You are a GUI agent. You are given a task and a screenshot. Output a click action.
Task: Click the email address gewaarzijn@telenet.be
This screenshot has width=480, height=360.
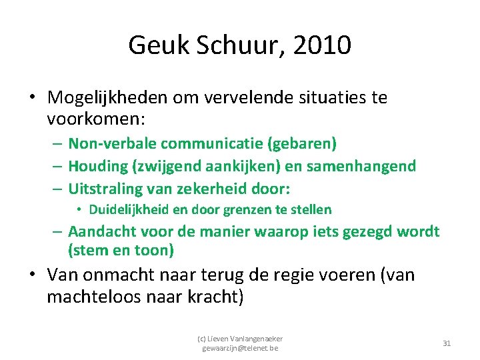pyautogui.click(x=240, y=348)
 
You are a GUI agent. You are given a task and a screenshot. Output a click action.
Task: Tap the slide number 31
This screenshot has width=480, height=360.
pyautogui.click(x=447, y=343)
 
